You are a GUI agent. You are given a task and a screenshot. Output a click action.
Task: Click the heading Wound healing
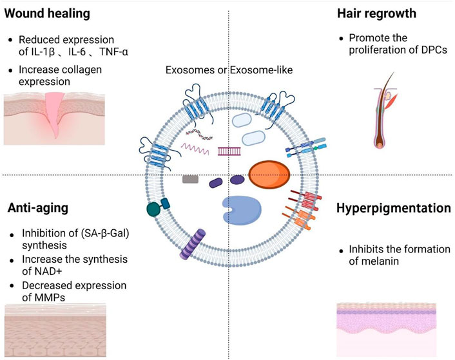[47, 14]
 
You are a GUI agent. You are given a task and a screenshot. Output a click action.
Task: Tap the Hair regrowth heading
[376, 14]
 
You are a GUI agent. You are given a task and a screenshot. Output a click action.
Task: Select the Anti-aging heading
[38, 208]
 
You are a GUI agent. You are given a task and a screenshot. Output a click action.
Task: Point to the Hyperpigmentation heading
[394, 208]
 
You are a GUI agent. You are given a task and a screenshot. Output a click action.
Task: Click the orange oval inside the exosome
[269, 175]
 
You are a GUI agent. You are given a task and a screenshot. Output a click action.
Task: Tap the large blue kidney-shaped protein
[242, 210]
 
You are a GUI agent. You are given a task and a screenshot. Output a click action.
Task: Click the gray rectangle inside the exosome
[190, 179]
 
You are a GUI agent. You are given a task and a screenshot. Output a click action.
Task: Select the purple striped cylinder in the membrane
[193, 244]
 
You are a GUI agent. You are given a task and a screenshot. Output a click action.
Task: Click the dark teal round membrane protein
[153, 209]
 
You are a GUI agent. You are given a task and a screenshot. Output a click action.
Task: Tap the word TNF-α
[113, 52]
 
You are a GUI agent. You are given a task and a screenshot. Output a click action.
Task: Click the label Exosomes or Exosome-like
[229, 70]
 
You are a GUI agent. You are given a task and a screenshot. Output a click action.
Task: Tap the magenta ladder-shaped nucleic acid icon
[229, 151]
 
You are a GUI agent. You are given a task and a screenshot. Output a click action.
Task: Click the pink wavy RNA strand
[195, 148]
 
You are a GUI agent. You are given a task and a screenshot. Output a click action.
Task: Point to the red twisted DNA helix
[199, 134]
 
